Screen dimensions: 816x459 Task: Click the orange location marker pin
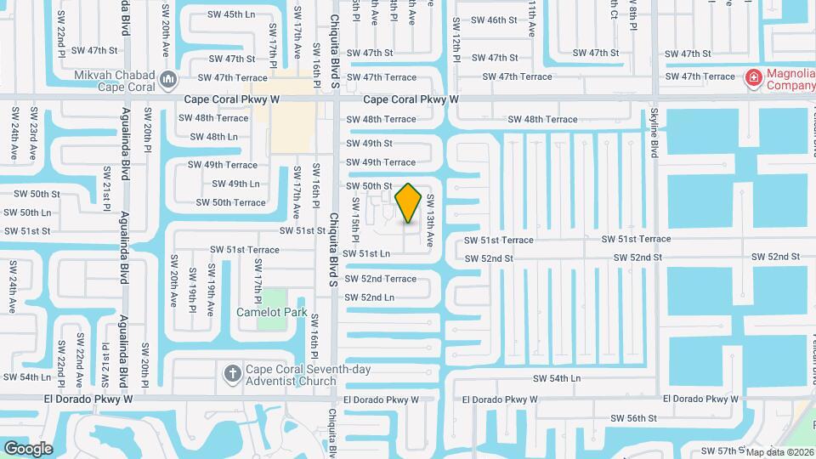point(409,202)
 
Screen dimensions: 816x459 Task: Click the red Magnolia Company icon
point(752,79)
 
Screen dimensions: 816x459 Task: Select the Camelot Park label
point(271,313)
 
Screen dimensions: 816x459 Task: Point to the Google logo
point(28,448)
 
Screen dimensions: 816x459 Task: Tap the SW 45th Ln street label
point(232,14)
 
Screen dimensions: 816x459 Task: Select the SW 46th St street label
point(494,20)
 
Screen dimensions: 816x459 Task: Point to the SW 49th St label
point(369,144)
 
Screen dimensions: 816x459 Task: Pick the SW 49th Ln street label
point(235,184)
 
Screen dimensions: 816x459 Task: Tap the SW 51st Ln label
point(365,253)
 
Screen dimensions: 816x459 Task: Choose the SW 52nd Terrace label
point(381,279)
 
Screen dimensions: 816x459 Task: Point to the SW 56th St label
point(634,418)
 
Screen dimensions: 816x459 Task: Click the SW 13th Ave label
point(430,220)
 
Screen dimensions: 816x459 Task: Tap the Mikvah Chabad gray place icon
point(168,81)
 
